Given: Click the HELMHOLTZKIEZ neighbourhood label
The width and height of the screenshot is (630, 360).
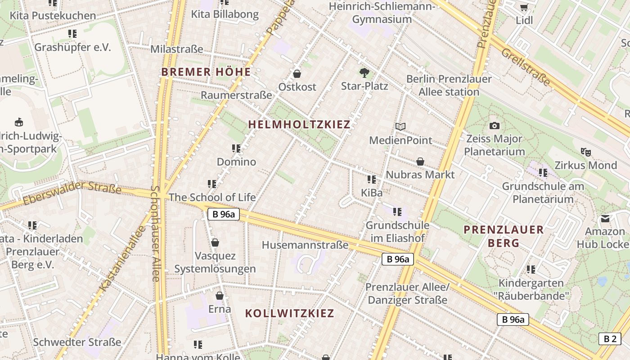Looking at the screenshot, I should click(x=299, y=125).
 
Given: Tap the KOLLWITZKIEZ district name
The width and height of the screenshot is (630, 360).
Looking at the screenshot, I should click(x=290, y=314).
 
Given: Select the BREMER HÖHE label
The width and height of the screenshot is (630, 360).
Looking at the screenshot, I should click(x=206, y=72).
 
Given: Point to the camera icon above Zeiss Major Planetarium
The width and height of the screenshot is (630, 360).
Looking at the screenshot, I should click(x=495, y=126).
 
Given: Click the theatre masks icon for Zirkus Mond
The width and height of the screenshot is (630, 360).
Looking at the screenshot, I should click(x=585, y=152).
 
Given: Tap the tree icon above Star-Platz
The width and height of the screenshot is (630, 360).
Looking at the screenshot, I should click(x=364, y=72).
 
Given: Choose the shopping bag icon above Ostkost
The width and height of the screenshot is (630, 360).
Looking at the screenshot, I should click(x=297, y=73).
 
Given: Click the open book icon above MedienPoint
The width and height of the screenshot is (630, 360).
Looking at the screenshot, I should click(x=400, y=127).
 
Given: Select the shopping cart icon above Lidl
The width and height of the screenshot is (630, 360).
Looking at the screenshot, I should click(x=524, y=7).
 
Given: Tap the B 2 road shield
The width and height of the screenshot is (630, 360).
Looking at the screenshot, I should click(x=610, y=339).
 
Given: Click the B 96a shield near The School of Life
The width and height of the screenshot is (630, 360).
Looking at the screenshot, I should click(x=224, y=214).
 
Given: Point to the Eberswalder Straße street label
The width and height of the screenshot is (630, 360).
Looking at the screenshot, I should click(x=72, y=193).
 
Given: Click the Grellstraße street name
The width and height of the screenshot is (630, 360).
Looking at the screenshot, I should click(x=526, y=67).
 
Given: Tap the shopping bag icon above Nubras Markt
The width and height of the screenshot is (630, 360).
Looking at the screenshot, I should click(x=420, y=161).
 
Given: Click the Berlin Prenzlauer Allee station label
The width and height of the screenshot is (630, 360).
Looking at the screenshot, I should click(x=449, y=85).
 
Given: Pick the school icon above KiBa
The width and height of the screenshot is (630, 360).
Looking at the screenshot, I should click(x=371, y=180).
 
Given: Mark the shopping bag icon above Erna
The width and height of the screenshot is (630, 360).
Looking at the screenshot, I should click(x=220, y=296).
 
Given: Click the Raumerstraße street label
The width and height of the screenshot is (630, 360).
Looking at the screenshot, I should click(x=236, y=95).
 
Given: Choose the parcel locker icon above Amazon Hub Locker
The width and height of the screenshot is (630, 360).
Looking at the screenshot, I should click(x=605, y=219).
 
